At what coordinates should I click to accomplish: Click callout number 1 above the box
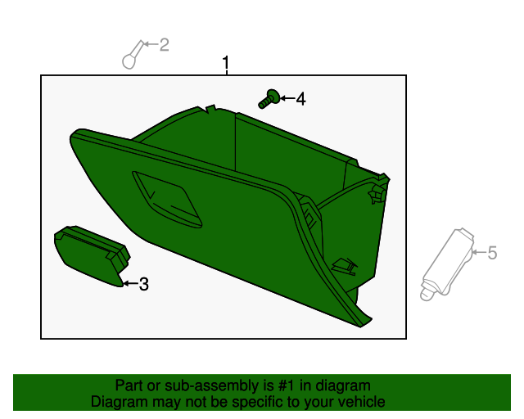tap(227, 63)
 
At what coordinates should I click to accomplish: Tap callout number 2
tap(164, 45)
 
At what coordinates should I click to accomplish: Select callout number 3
tap(144, 285)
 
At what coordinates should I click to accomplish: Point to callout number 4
tap(300, 99)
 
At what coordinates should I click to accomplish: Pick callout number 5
tap(492, 253)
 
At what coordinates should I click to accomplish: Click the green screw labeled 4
tap(267, 100)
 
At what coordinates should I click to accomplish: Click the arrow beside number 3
tap(129, 284)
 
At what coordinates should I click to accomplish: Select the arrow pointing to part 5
tap(479, 252)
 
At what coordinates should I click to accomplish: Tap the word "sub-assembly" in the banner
tap(183, 385)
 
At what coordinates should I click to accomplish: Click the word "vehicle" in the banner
tap(359, 402)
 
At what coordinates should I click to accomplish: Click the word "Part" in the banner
tap(129, 385)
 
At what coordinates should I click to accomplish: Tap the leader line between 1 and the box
tap(227, 73)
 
